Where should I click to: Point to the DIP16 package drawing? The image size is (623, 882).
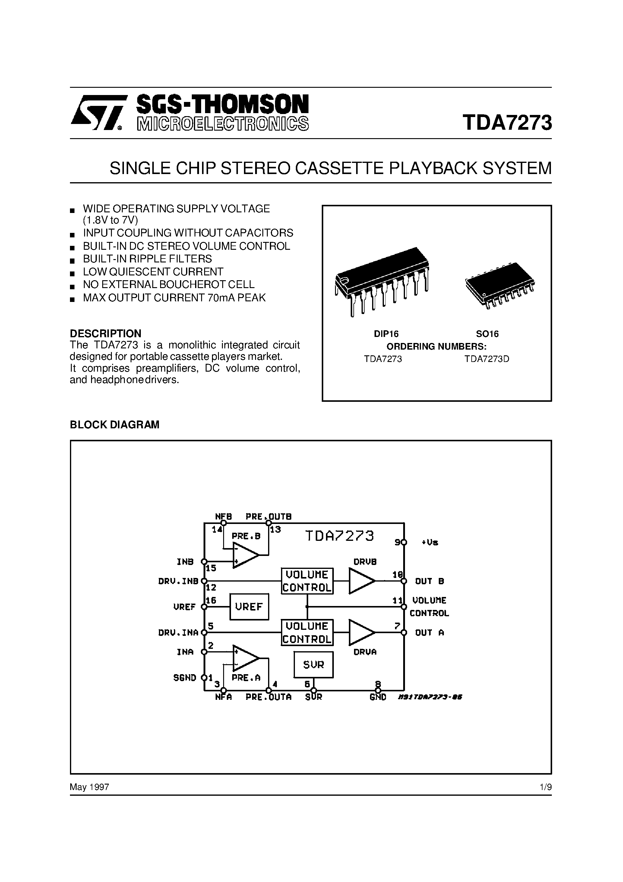tap(382, 281)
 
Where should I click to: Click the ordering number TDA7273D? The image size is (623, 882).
tap(487, 359)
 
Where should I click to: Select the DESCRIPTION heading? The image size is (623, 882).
tap(106, 333)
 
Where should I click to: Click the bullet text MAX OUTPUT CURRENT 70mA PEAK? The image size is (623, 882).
tap(174, 298)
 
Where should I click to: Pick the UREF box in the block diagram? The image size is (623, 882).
tap(249, 607)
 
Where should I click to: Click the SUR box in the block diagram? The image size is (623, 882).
tap(313, 664)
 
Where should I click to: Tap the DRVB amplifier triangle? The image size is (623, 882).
tap(361, 581)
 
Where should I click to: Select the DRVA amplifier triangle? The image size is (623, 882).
tap(361, 632)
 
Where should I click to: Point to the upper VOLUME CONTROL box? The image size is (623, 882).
tap(307, 581)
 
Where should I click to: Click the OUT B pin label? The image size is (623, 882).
tap(429, 581)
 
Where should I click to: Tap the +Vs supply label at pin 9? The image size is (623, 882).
tap(430, 542)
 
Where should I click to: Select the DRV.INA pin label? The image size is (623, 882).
tap(178, 632)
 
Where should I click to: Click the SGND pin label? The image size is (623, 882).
tap(185, 677)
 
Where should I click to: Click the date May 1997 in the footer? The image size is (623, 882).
tap(90, 787)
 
